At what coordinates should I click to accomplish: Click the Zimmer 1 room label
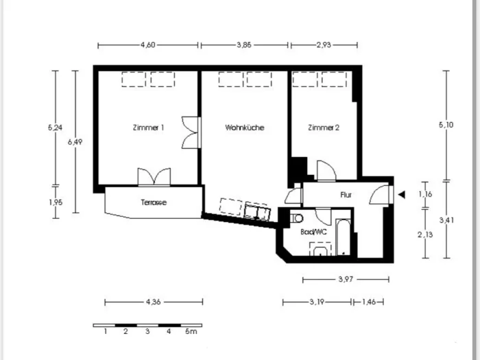point(149,128)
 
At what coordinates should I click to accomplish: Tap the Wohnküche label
point(245,128)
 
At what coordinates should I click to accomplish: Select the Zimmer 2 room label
point(324,128)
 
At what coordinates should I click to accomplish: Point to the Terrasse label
point(154,202)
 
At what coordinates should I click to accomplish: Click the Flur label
point(346,195)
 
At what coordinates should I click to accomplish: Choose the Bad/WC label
point(313,232)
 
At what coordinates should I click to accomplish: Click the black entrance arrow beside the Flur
point(402,194)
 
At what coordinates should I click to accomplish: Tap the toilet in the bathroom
point(296,218)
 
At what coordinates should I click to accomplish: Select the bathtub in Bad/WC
point(343,237)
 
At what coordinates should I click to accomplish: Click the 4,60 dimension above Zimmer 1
point(148,45)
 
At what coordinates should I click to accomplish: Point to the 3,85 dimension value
point(244,45)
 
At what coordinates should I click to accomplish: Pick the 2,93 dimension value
point(324,45)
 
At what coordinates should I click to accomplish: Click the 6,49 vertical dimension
point(75,142)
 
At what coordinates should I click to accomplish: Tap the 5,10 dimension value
point(446,125)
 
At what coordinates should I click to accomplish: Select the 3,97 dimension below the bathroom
point(346,279)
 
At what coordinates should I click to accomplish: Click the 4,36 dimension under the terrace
point(153,302)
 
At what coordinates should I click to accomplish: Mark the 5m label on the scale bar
point(191,331)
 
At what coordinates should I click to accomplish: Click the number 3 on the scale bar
point(147,331)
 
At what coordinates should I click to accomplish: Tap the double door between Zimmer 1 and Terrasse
point(154,177)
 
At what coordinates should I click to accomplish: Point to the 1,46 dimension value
point(369,302)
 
